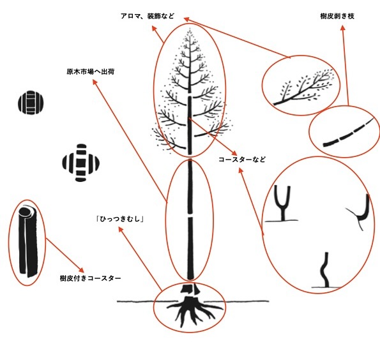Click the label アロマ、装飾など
pos(148,16)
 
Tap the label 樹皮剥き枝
pos(337,16)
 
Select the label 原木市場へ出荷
pos(91,71)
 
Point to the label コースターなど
pos(242,160)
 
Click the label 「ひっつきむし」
pos(120,219)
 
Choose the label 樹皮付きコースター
pos(90,278)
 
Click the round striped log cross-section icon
pos(31,102)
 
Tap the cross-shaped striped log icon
pos(81,163)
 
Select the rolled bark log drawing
pos(27,242)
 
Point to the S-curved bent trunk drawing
pos(325,270)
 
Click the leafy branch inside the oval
pos(303,89)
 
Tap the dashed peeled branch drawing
pos(348,133)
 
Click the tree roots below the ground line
pos(192,311)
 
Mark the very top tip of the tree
pos(190,29)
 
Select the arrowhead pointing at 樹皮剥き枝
pos(343,28)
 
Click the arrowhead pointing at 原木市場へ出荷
pos(95,82)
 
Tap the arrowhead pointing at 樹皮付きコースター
pos(82,269)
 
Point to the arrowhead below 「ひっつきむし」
pos(120,229)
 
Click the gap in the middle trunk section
pos(190,215)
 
